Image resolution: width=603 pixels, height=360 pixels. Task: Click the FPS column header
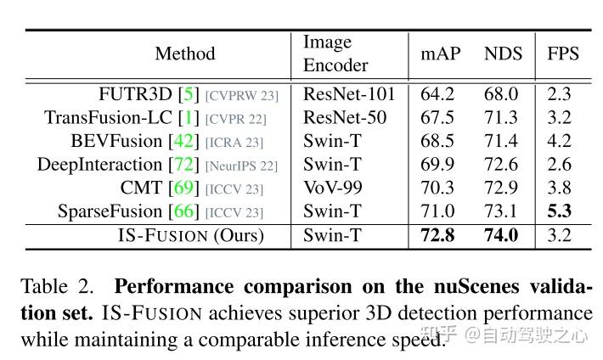click(x=562, y=53)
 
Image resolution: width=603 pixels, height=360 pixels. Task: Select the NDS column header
click(x=502, y=53)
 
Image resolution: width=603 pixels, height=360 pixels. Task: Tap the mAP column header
click(x=441, y=53)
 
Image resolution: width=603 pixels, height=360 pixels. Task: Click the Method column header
click(x=184, y=53)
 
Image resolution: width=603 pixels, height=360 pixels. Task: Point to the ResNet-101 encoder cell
click(x=349, y=94)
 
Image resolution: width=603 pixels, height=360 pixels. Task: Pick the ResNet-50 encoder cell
click(x=344, y=117)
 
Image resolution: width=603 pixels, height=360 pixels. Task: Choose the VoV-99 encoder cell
click(x=334, y=188)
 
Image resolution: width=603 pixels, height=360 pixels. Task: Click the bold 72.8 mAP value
click(x=438, y=235)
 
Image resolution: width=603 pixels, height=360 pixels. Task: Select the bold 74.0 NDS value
click(x=501, y=235)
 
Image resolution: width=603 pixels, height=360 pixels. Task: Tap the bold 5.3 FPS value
click(x=560, y=211)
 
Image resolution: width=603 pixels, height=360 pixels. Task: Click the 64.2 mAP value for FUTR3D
click(x=437, y=94)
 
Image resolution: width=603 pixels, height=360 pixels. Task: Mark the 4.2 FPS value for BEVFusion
click(x=560, y=141)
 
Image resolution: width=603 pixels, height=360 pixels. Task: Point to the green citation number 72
click(x=183, y=165)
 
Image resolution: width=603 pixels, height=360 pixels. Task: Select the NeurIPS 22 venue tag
click(x=241, y=166)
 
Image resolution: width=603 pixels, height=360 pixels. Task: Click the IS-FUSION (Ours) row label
click(x=191, y=235)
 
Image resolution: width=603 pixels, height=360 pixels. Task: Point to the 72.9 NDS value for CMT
click(x=501, y=188)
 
